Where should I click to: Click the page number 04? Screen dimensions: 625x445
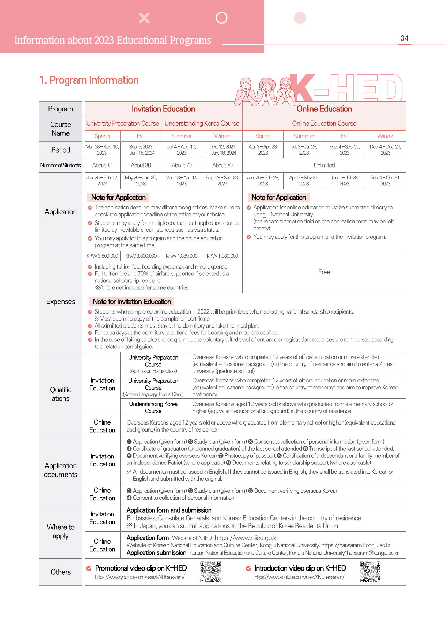coord(404,38)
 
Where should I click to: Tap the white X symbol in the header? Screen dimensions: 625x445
coord(144,18)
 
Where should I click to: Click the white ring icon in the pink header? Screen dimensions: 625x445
coord(221,17)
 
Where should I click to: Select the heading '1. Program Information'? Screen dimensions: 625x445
coord(89,80)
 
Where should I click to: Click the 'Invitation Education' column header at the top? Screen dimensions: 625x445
coord(163,109)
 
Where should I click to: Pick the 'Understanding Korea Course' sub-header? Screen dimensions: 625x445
coord(202,123)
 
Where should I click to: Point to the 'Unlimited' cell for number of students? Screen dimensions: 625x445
coord(324,165)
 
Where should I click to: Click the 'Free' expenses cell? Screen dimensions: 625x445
coord(324,272)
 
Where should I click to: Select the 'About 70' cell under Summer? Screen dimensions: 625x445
coord(181,165)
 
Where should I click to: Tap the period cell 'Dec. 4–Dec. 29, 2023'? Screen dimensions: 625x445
coord(385,150)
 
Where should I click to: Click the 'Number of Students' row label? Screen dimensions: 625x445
coord(60,165)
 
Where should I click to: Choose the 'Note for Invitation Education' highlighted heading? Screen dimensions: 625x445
coord(132,302)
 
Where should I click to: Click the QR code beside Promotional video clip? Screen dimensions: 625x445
coord(211,572)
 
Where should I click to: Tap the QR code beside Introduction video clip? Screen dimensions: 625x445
coord(370,572)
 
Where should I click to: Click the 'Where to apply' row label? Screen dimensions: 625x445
coord(61,531)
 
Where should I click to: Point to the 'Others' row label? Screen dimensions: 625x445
coord(61,572)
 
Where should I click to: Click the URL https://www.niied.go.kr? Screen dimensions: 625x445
coord(246,538)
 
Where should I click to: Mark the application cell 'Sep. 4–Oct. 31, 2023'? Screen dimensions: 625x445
coord(385,181)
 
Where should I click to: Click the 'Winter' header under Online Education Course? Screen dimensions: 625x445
coord(385,136)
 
